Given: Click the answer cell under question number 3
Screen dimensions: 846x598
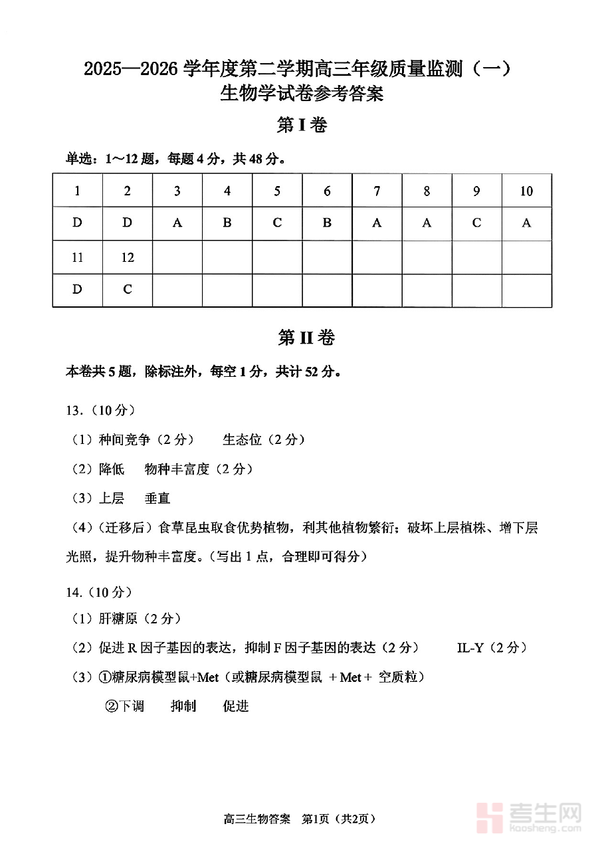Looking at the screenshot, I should pos(177,223).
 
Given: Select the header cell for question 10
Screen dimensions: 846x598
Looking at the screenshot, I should pos(526,191).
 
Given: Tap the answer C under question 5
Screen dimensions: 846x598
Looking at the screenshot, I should pos(277,223).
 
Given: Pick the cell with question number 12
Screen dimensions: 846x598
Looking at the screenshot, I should pos(128,257).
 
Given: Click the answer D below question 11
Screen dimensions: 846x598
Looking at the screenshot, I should pos(78,289).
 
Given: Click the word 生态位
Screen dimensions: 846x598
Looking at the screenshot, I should pos(242,439).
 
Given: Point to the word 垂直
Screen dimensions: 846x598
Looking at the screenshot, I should pos(157,498).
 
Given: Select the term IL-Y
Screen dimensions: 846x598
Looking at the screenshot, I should pos(470,647).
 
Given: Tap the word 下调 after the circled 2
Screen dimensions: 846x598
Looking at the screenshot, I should pos(132,706).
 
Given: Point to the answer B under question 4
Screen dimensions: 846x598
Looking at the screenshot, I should pos(227,223).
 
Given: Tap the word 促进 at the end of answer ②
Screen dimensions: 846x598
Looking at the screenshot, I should pos(235,706).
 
